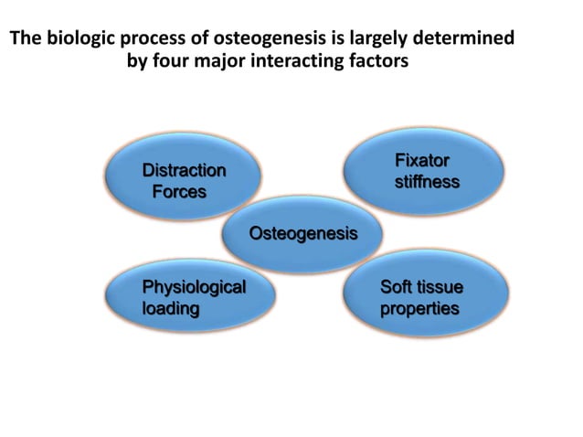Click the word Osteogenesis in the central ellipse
[x=303, y=234]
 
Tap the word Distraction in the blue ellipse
[x=184, y=171]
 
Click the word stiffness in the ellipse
[x=427, y=183]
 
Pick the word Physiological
[x=194, y=288]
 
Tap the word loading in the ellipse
[x=171, y=309]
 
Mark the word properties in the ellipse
[x=419, y=309]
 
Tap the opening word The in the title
[x=25, y=39]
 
